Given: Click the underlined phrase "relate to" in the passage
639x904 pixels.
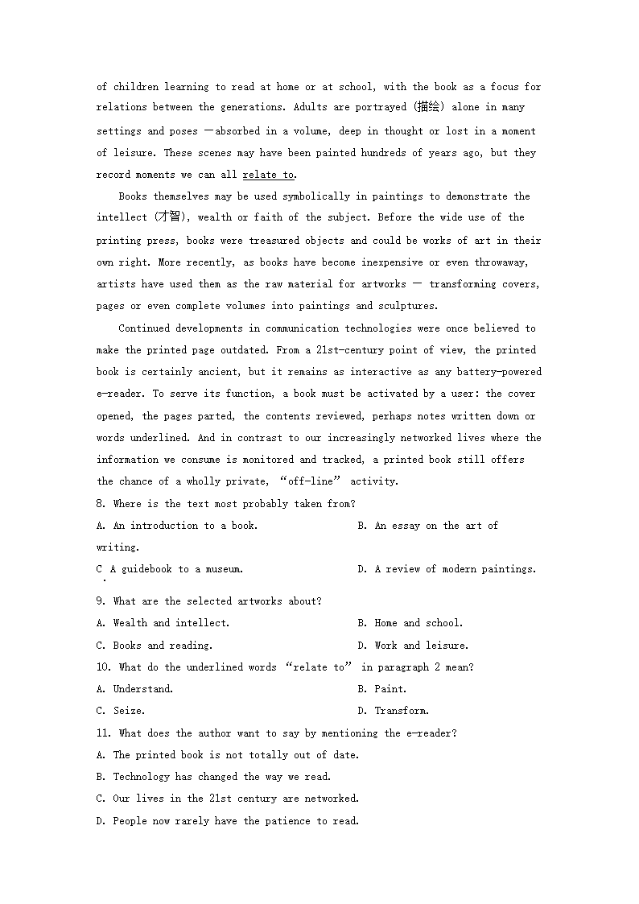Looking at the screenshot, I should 268,175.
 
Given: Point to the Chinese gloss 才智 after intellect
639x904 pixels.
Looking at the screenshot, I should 168,217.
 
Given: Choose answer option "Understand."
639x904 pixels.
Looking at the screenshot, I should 142,689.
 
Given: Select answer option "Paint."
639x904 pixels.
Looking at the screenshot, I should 390,689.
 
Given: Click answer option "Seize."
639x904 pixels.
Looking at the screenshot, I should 129,711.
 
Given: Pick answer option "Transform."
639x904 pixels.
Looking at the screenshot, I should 402,711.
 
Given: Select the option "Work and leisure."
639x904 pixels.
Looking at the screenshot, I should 421,646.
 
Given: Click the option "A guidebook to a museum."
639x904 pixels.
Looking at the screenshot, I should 176,569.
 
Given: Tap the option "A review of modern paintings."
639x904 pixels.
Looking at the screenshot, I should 455,569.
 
